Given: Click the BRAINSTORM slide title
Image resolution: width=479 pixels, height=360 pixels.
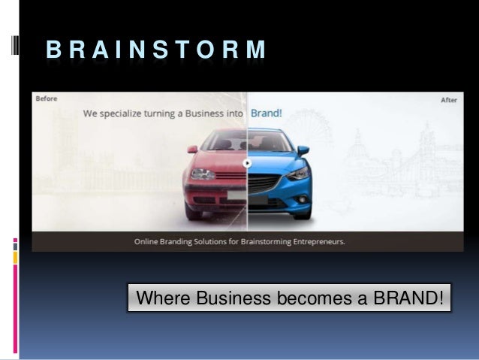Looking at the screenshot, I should (x=156, y=50).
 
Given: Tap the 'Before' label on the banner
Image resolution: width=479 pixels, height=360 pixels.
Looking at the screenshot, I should (x=45, y=99).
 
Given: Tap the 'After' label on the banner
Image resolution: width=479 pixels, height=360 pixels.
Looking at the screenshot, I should (x=449, y=99).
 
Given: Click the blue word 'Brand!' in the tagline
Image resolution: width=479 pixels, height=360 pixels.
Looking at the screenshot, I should (x=266, y=114).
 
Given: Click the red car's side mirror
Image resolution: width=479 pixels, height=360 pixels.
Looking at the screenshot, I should (x=193, y=149).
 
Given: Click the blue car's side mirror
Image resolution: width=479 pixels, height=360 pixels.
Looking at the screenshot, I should (x=303, y=150).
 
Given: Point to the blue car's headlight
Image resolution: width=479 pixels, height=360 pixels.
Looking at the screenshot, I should (x=297, y=174).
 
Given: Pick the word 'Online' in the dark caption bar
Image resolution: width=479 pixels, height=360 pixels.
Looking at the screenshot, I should (x=147, y=242).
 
